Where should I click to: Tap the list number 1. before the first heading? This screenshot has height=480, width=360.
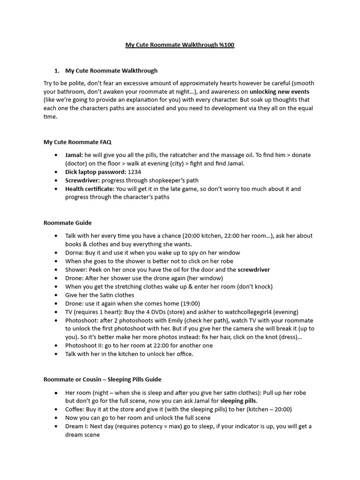coord(57,71)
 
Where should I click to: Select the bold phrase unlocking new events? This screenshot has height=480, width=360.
coord(279,91)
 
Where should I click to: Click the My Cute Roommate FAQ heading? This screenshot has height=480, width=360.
coord(77,142)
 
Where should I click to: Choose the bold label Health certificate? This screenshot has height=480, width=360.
coord(90,189)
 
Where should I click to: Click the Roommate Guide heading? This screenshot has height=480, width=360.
coord(67,223)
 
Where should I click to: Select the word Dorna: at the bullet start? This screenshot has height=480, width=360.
coord(75,253)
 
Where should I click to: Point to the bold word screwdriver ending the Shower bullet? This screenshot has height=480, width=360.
coord(254,270)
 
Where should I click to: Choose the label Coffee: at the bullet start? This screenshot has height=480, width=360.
coord(76,409)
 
